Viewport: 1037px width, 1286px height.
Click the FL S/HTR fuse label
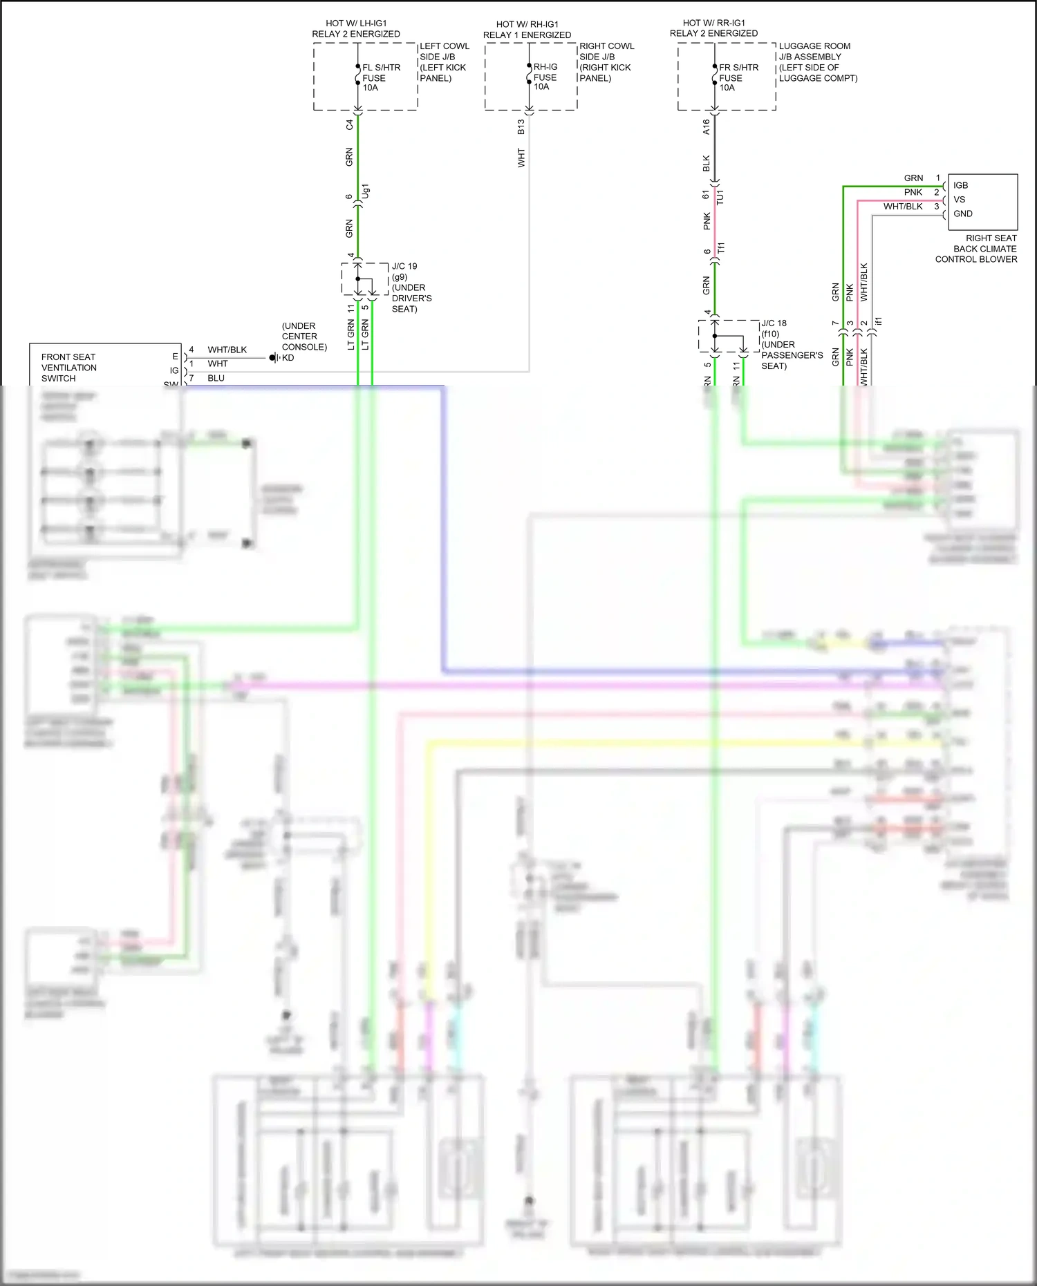(380, 77)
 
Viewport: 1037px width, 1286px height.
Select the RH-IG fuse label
(545, 77)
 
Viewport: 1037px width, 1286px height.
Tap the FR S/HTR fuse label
(738, 77)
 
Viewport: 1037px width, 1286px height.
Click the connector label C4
(349, 124)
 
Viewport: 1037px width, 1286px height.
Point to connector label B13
(521, 126)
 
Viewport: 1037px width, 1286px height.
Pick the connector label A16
(706, 126)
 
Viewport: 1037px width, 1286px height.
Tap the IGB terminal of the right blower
(960, 185)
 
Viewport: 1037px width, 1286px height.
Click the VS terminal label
(959, 199)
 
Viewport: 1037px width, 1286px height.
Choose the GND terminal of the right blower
(962, 214)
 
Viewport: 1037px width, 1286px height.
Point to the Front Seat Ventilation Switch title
(68, 368)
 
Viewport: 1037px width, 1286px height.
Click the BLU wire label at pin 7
(216, 378)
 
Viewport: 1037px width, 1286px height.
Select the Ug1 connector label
(366, 191)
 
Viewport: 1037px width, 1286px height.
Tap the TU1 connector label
(720, 196)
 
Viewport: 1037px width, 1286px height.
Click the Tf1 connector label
(720, 247)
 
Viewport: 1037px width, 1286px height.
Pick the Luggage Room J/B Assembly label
(817, 62)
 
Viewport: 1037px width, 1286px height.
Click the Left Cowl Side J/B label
(444, 62)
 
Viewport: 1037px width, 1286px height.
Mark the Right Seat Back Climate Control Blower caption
(975, 248)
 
